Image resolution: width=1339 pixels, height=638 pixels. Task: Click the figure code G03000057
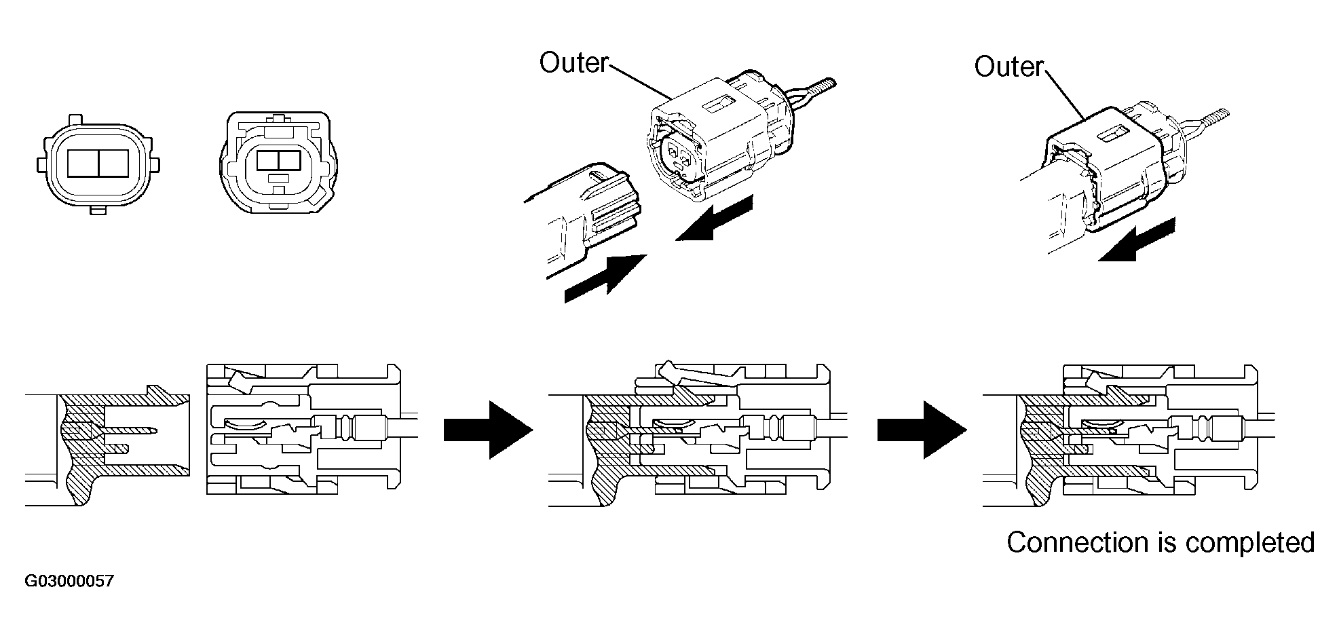[x=69, y=582]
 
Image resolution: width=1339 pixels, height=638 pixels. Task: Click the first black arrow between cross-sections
[x=488, y=430]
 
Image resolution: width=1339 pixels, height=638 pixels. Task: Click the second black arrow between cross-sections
[x=922, y=430]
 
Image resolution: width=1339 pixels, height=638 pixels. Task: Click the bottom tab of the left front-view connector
[x=98, y=210]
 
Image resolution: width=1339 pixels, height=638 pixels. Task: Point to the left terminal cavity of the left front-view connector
[x=83, y=165]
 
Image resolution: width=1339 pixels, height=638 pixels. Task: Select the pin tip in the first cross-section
[x=155, y=430]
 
